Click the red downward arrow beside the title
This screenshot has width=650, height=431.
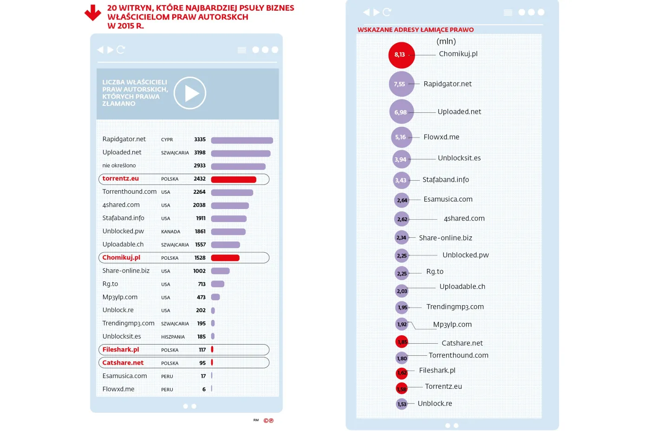[93, 13]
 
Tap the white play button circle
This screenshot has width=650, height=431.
[190, 93]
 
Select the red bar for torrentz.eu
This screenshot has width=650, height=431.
[234, 179]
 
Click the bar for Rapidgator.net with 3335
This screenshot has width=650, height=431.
[242, 140]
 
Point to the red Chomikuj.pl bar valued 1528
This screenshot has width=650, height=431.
[225, 258]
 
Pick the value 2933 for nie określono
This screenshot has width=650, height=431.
[200, 166]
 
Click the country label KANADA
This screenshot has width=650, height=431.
[170, 232]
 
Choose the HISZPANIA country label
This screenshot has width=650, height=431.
[173, 337]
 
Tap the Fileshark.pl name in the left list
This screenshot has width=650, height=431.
[121, 350]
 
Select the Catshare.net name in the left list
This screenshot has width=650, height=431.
[123, 363]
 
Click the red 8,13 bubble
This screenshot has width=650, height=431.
[401, 55]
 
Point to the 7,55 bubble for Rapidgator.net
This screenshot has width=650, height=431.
[401, 84]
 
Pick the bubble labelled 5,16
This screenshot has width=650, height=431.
[402, 137]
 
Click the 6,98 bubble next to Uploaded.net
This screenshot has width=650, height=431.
[402, 112]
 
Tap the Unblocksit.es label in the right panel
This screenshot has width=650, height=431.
[459, 158]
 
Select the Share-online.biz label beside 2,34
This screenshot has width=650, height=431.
[445, 238]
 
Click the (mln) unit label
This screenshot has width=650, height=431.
[446, 41]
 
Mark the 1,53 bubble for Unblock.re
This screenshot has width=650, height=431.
[402, 404]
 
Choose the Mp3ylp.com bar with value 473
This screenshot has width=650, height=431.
[215, 297]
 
